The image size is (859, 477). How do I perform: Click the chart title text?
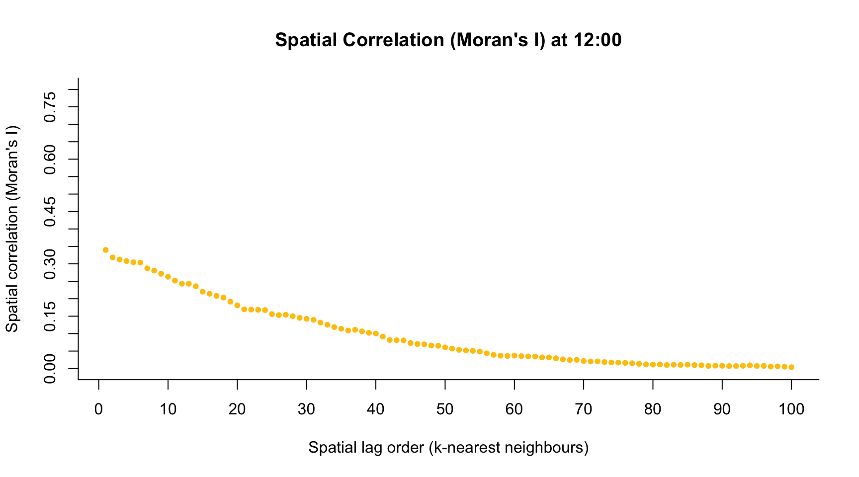tap(448, 40)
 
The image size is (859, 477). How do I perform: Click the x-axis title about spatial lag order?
tap(448, 448)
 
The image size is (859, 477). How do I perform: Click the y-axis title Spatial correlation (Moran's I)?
tap(12, 229)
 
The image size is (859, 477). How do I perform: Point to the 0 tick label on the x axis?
tap(99, 410)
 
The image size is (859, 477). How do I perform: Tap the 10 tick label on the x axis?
tap(168, 410)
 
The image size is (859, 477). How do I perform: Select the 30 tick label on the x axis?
tap(307, 410)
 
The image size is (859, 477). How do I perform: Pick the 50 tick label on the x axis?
tap(445, 410)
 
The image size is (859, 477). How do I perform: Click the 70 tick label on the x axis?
tap(584, 410)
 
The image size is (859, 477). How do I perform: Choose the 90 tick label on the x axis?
tap(722, 410)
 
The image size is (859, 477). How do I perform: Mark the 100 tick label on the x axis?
tap(791, 410)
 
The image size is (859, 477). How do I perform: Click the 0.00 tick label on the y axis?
tap(50, 368)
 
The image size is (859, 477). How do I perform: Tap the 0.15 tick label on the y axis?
tap(50, 316)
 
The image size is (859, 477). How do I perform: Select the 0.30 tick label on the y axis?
tap(50, 264)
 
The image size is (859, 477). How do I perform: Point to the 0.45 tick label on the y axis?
tap(50, 212)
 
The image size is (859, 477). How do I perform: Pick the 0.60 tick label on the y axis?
tap(50, 159)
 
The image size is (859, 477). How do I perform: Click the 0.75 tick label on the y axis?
tap(50, 107)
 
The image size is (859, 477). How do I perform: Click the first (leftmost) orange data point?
tap(106, 250)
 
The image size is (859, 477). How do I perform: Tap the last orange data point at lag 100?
tap(791, 367)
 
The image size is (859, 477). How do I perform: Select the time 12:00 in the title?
tap(597, 40)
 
